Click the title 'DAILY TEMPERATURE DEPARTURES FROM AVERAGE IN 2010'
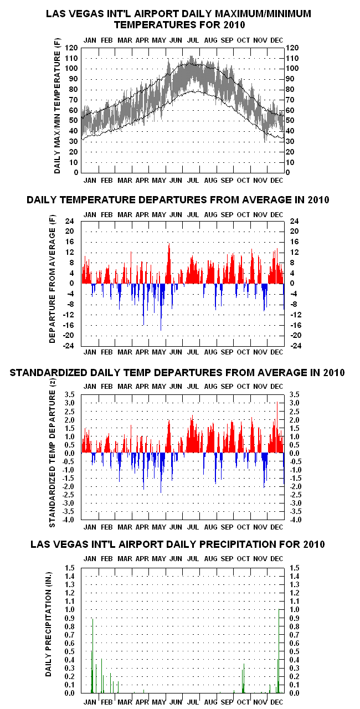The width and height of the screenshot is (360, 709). click(178, 200)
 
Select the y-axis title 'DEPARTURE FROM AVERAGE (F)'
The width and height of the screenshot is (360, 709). click(52, 279)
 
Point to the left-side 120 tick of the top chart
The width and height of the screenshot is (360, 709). click(71, 48)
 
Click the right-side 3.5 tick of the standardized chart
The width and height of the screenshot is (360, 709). click(294, 395)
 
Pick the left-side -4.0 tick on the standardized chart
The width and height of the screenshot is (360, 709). click(69, 520)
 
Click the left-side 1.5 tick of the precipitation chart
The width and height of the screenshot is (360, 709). click(70, 568)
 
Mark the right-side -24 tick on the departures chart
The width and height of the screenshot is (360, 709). click(296, 346)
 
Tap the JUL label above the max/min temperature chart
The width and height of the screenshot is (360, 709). click(193, 40)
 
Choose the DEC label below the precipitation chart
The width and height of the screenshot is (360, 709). click(277, 702)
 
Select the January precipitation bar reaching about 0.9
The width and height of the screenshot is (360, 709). click(92, 655)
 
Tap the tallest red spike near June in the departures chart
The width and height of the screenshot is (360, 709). click(169, 263)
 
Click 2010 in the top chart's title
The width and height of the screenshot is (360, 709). click(234, 25)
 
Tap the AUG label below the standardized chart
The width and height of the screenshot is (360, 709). click(210, 527)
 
